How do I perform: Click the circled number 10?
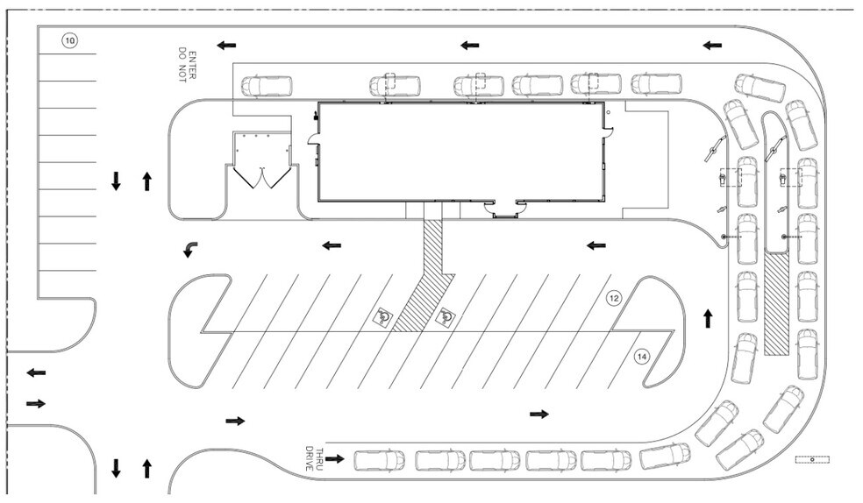[68, 39]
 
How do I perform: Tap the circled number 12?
[615, 299]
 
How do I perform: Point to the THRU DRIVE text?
[313, 458]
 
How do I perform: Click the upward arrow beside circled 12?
[708, 317]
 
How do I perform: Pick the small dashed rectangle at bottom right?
[812, 458]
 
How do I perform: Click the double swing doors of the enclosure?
[262, 178]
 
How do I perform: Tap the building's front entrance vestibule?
[509, 209]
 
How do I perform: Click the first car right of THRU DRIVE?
[379, 460]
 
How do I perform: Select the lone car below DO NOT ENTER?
[267, 86]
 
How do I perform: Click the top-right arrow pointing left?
[712, 45]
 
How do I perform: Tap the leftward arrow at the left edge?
[36, 373]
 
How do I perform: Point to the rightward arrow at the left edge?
[36, 403]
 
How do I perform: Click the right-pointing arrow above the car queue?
[538, 414]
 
